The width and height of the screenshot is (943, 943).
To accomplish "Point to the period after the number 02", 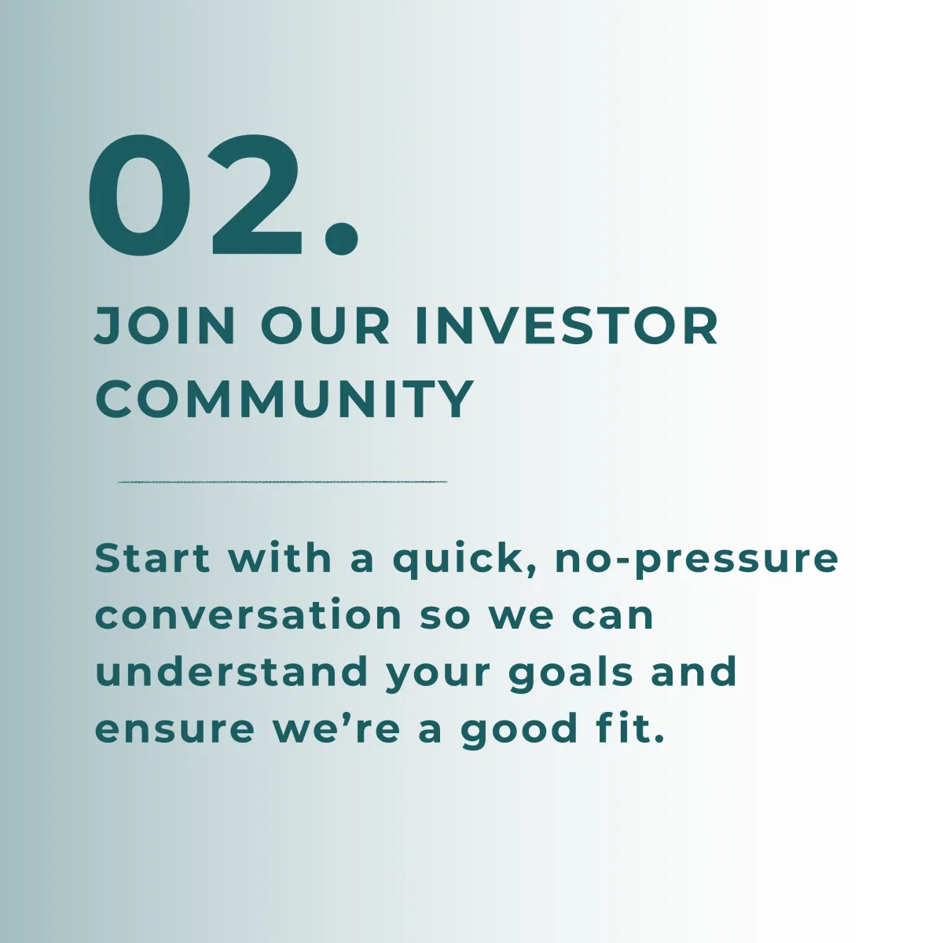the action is (341, 238).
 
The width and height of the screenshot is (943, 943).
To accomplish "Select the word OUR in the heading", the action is (325, 326).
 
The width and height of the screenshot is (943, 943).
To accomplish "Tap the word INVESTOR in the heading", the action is (566, 326).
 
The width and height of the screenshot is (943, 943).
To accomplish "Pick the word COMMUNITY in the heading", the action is (284, 399).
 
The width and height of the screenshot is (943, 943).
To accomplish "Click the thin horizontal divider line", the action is (283, 482).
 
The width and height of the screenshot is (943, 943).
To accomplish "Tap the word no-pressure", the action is (697, 563).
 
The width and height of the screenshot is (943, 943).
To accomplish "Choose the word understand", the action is (232, 670).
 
